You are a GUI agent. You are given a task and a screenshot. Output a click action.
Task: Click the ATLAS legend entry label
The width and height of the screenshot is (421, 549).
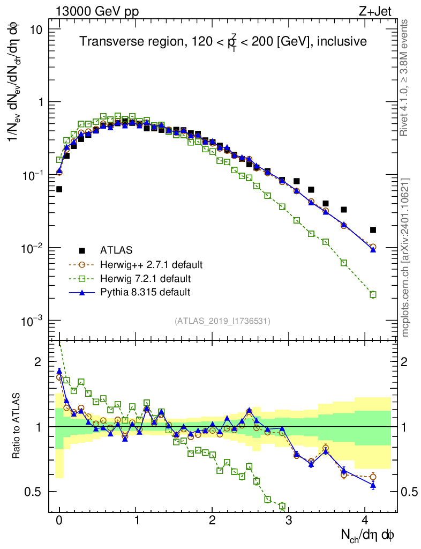(x=116, y=250)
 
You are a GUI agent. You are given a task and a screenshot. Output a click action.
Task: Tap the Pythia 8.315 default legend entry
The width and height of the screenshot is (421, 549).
(x=145, y=292)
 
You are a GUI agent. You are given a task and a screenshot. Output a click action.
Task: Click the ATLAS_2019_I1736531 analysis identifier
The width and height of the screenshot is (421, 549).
(x=222, y=321)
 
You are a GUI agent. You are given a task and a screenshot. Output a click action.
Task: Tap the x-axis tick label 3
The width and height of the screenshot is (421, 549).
(x=289, y=520)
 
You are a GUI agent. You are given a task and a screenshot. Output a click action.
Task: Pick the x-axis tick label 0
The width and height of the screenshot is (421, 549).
(x=59, y=520)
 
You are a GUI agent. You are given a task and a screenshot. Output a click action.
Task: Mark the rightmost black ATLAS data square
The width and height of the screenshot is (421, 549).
(x=373, y=230)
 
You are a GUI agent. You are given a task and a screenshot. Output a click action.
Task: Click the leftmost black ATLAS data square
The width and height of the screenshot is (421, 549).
(x=59, y=189)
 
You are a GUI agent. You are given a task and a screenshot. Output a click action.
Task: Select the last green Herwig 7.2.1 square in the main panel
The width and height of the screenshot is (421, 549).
(x=373, y=294)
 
